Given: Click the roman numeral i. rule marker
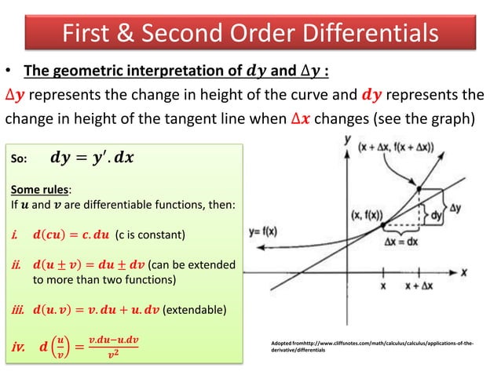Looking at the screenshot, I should point(16,235).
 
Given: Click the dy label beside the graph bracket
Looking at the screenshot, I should point(436,213).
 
